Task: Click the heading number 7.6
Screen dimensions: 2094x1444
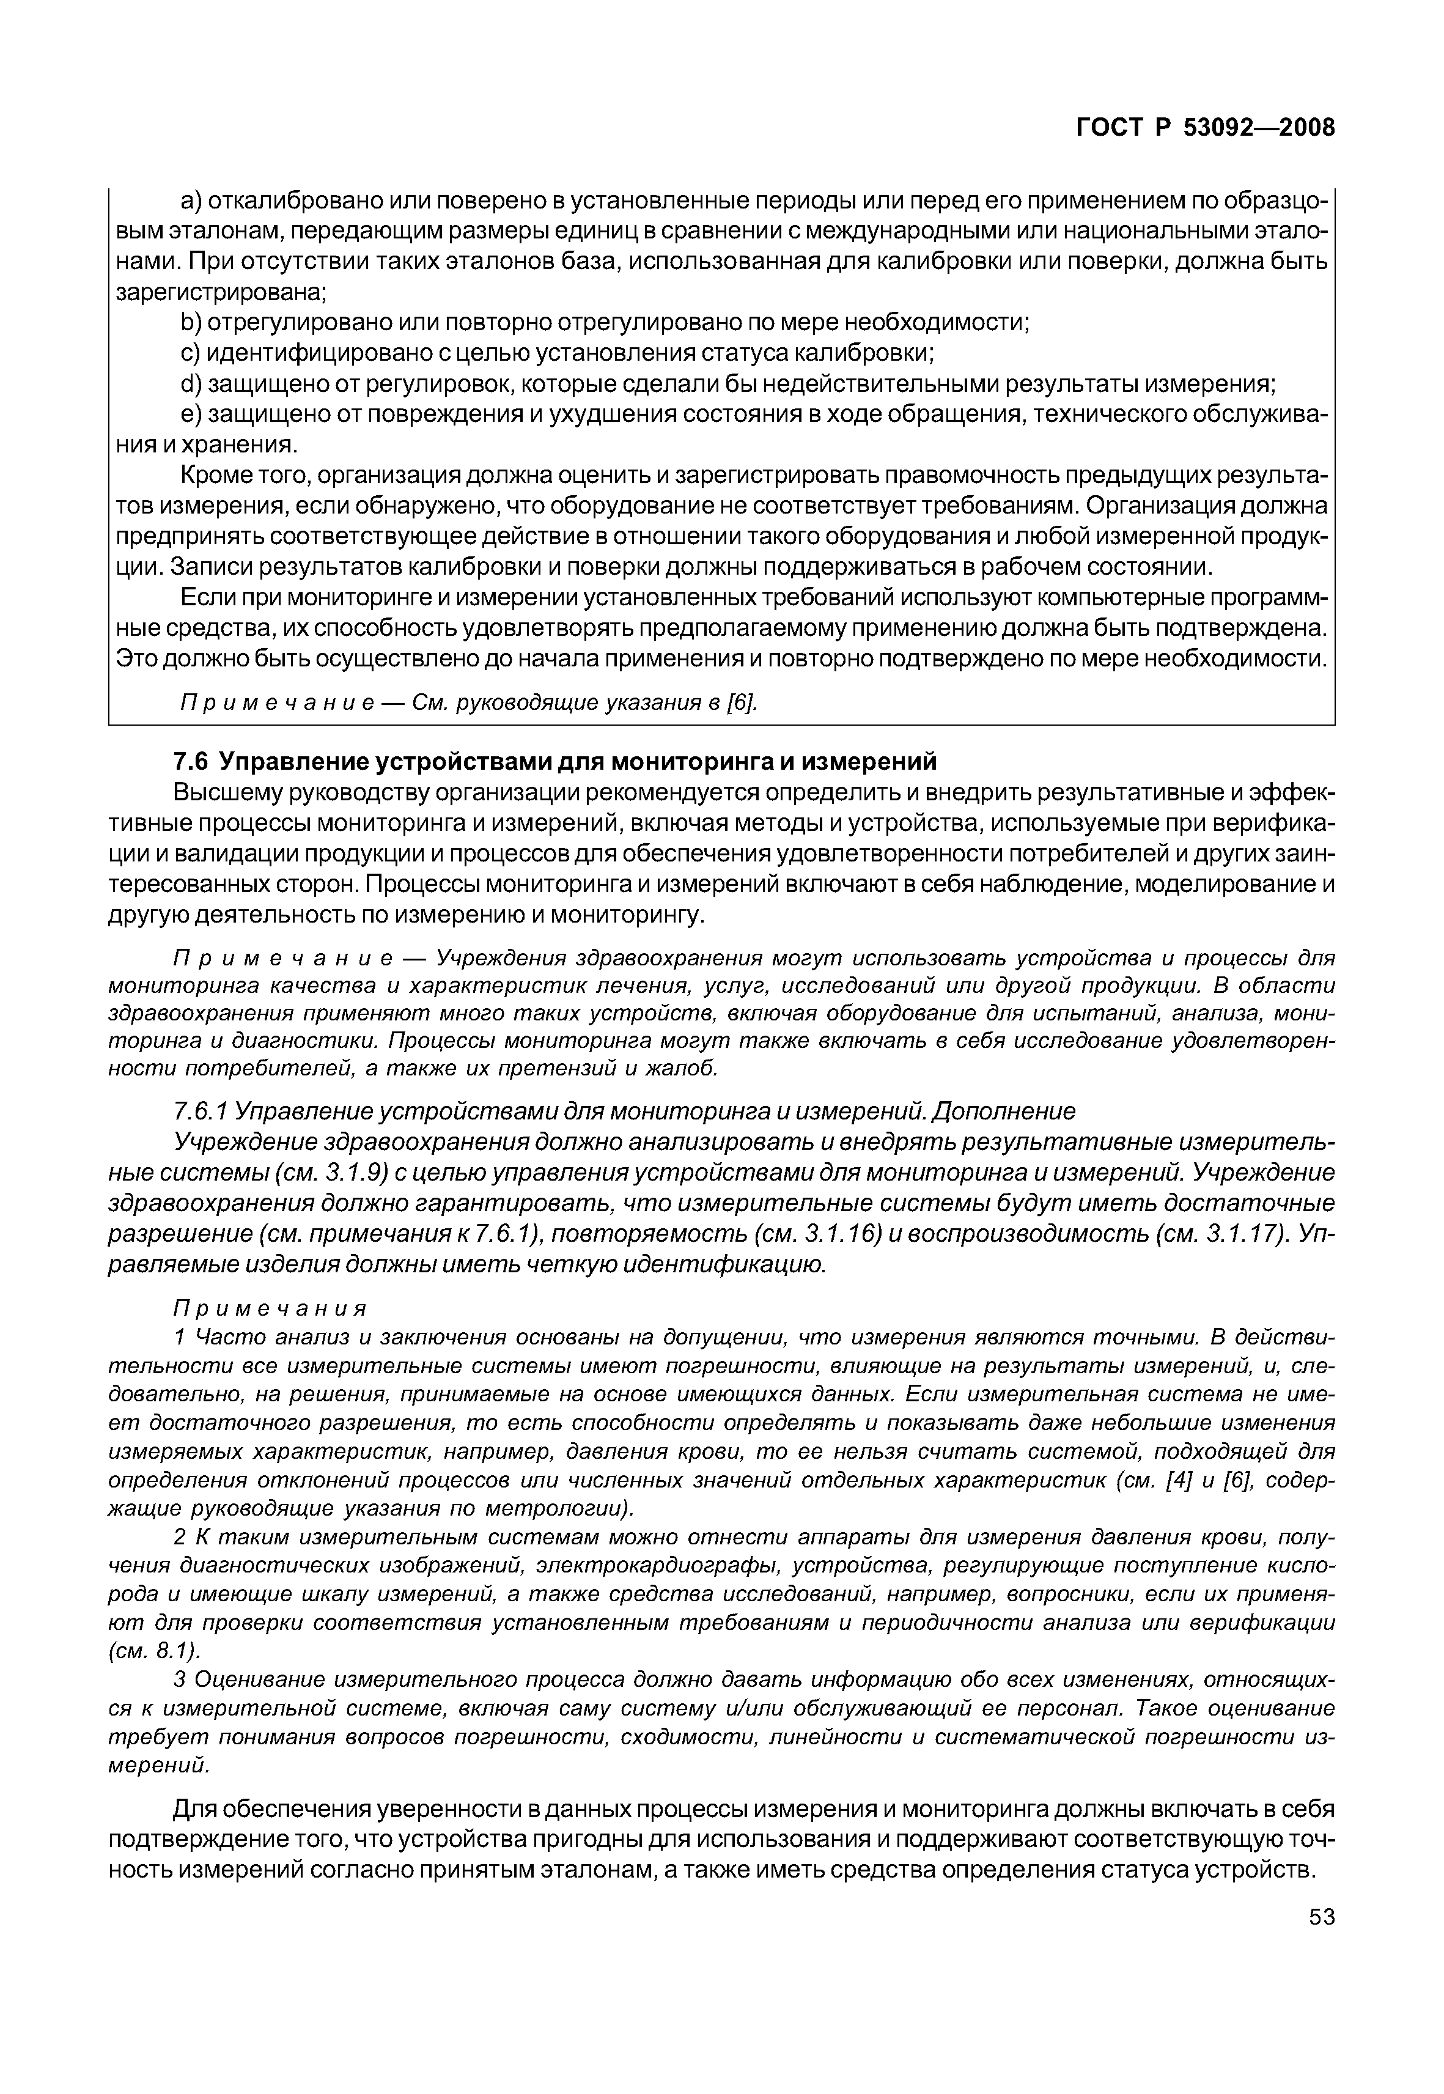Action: (191, 761)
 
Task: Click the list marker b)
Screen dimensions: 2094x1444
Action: (191, 323)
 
